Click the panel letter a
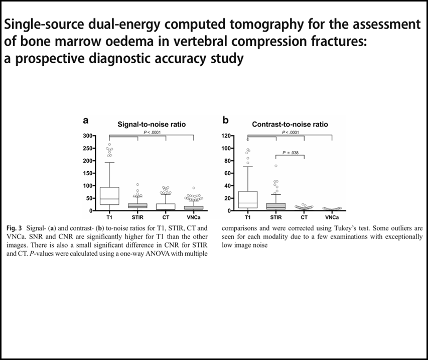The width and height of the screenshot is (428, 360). click(x=86, y=121)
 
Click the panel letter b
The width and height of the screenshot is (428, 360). click(x=225, y=120)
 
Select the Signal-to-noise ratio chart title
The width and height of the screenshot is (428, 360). click(x=152, y=125)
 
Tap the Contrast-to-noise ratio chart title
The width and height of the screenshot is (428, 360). click(x=290, y=125)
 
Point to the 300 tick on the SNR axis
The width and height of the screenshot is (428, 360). click(x=88, y=136)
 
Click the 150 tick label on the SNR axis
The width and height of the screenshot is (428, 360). click(x=88, y=173)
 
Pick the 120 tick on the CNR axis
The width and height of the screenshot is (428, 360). click(x=227, y=136)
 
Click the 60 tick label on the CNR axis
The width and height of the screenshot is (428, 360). click(x=228, y=173)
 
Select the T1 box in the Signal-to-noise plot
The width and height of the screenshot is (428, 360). click(x=109, y=196)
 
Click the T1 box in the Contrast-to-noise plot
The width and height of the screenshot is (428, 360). click(x=248, y=200)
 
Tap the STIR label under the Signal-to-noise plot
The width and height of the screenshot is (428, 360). click(x=137, y=217)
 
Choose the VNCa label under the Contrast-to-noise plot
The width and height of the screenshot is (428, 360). click(x=332, y=217)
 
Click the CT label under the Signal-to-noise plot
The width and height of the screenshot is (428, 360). click(x=166, y=217)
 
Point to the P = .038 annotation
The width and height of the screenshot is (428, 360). click(x=291, y=153)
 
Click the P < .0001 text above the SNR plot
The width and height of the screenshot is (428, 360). click(x=152, y=133)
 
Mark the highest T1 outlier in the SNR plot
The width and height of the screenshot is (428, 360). click(x=109, y=145)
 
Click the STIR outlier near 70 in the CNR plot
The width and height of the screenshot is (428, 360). click(x=276, y=166)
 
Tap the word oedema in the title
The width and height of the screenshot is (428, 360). click(x=108, y=42)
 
